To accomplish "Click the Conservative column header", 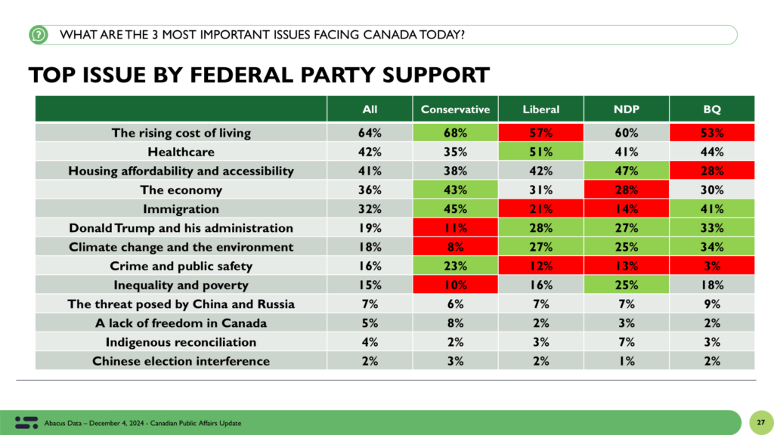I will pyautogui.click(x=455, y=110).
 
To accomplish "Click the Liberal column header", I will pyautogui.click(x=541, y=110).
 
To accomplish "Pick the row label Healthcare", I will pyautogui.click(x=181, y=152).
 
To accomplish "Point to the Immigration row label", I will pyautogui.click(x=181, y=209).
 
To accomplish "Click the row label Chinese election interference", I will pyautogui.click(x=181, y=361).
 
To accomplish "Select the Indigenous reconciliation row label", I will pyautogui.click(x=181, y=342).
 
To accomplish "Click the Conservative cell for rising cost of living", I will pyautogui.click(x=455, y=133).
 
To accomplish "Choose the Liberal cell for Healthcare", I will pyautogui.click(x=541, y=152).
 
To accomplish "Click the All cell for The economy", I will pyautogui.click(x=370, y=190).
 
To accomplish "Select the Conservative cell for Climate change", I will pyautogui.click(x=455, y=247).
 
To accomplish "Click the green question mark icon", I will pyautogui.click(x=39, y=35).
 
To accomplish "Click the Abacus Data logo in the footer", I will pyautogui.click(x=26, y=421).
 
